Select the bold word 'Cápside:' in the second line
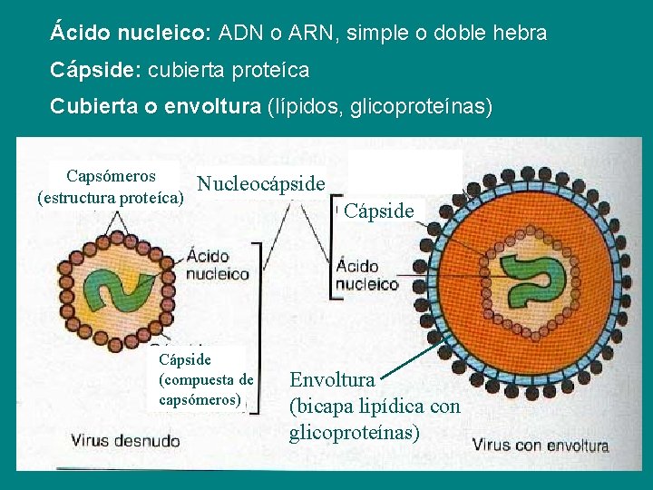95,70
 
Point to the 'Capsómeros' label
111,176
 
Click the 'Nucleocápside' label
261,184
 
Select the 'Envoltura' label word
332,379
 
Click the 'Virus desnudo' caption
125,441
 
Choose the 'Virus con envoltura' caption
541,446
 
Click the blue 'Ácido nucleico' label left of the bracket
219,265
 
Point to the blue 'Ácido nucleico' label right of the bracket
367,275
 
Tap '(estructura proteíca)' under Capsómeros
111,197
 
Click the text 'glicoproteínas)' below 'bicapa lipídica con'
355,433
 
